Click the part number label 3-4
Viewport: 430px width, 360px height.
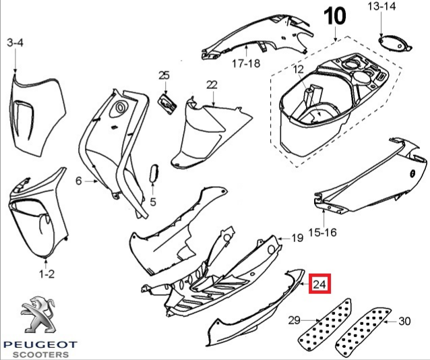15,43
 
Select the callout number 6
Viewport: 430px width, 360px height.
78,181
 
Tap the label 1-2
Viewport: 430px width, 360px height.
47,274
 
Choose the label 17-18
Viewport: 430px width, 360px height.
246,63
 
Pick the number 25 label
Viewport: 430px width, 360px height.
164,75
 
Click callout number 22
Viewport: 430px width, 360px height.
212,85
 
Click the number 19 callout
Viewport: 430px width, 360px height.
297,238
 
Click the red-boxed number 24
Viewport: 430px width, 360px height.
320,285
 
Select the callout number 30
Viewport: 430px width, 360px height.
404,320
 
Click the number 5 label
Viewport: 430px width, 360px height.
153,202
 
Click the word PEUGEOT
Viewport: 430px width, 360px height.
40,344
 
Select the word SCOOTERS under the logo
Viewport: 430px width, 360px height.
41,355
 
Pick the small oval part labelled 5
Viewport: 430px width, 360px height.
153,173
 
